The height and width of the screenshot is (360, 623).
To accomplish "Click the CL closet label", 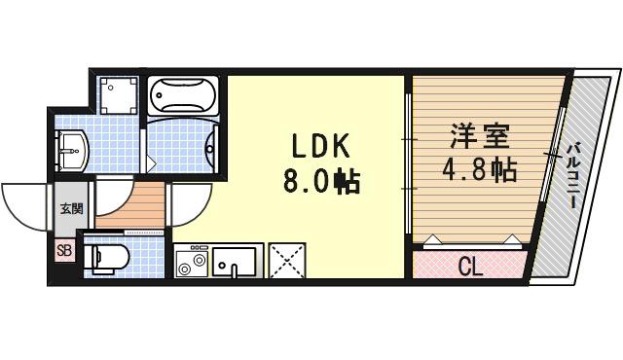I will click(x=470, y=264).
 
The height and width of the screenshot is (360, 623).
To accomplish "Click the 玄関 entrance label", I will click(x=71, y=207).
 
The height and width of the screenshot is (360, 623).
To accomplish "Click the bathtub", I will click(x=185, y=97).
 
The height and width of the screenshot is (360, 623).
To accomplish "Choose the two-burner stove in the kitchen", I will click(x=191, y=261).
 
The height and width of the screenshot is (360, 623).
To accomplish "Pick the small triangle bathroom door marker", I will click(x=150, y=159).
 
